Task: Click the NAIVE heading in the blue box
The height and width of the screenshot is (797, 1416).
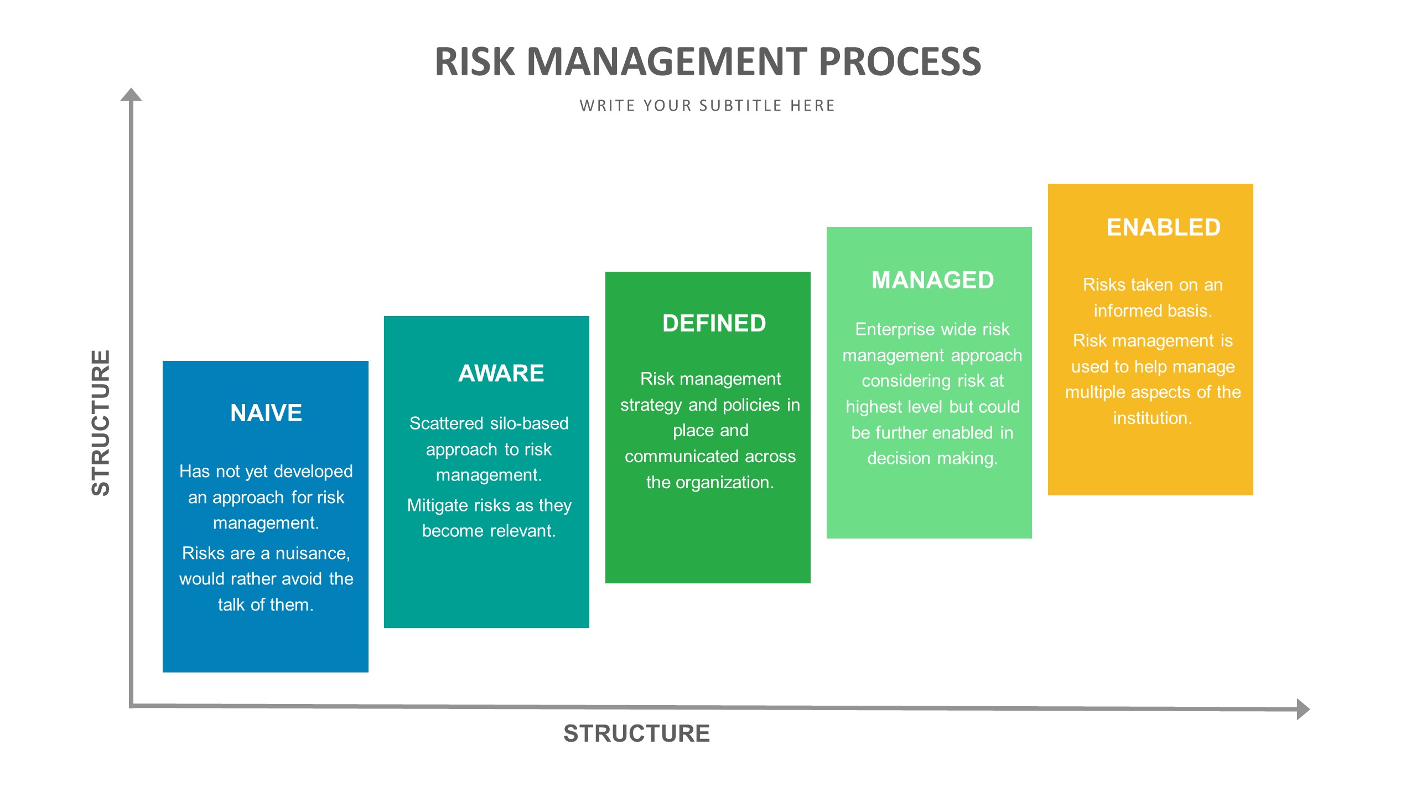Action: [266, 413]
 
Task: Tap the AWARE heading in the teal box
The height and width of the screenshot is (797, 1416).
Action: [501, 373]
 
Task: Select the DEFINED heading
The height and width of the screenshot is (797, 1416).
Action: [714, 323]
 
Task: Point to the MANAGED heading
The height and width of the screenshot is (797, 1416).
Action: [932, 280]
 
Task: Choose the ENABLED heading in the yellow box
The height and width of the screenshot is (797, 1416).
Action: [1163, 227]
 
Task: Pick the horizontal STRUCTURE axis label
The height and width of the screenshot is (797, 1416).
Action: [636, 733]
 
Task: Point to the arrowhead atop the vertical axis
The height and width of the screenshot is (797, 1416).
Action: [131, 95]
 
